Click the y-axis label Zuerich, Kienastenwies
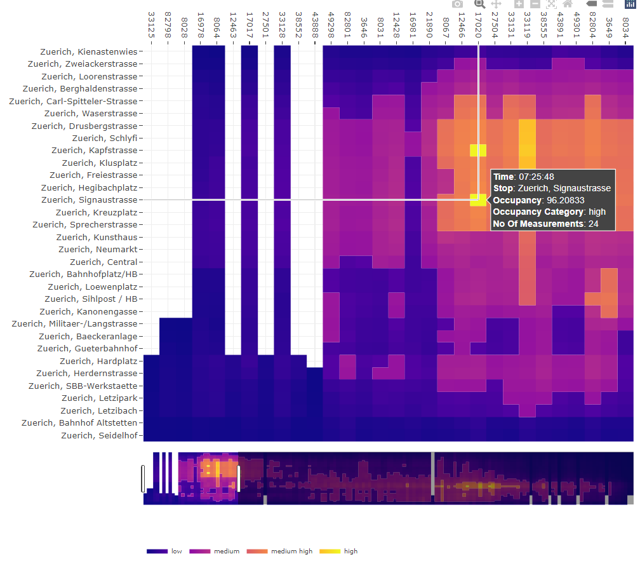tap(88, 51)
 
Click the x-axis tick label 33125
tap(151, 23)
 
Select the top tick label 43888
tap(315, 23)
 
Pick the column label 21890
tap(429, 23)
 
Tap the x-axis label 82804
tap(592, 23)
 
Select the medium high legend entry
tap(291, 551)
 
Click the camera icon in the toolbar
tap(457, 4)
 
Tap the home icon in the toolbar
tap(568, 4)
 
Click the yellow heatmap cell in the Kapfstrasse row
tap(478, 150)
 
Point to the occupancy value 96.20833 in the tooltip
tap(565, 200)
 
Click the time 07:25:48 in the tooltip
tap(537, 177)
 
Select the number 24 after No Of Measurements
tap(593, 224)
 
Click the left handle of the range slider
tap(143, 478)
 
